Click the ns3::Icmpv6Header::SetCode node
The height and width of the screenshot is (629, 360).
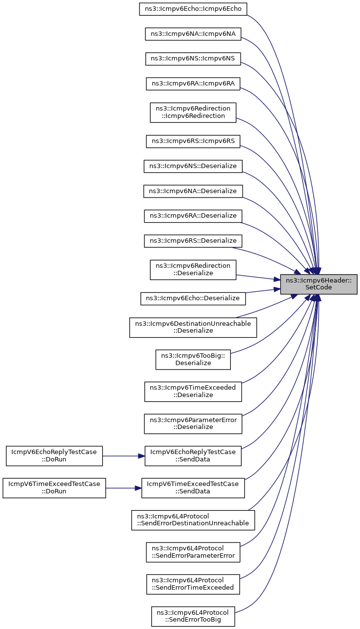coord(318,284)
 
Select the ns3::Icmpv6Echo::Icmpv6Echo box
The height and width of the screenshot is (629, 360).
coord(193,9)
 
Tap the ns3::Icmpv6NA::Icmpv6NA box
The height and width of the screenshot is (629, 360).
coord(193,34)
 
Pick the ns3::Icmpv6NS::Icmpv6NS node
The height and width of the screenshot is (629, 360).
coord(193,58)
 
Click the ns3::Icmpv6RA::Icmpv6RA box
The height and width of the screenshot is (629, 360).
coord(193,84)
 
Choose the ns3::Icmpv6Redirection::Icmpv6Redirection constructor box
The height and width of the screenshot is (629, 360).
coord(193,113)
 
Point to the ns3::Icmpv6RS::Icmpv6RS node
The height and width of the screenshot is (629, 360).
coord(193,141)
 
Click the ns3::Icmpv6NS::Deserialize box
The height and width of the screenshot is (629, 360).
coord(193,166)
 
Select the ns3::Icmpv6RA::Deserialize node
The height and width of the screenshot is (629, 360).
coord(193,216)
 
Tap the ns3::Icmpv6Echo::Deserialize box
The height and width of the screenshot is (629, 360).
coord(193,298)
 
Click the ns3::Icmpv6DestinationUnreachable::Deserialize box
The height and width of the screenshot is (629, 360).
coord(193,327)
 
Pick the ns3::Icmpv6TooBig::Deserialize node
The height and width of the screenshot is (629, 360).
coord(193,359)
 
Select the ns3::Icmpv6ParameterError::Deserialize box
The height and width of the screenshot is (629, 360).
coord(193,424)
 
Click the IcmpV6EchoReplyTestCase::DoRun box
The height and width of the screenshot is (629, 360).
coord(54,456)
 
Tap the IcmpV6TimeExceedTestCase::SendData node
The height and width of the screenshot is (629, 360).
coord(193,488)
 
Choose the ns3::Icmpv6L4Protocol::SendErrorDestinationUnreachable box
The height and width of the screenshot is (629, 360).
coord(193,520)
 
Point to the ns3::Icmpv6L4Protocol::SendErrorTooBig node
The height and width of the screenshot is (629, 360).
coord(193,616)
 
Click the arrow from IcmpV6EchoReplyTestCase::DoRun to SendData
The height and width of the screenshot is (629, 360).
coord(123,456)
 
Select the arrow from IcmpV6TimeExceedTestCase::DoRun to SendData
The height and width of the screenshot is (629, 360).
coord(123,488)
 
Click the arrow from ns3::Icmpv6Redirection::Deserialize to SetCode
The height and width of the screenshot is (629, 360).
coord(258,278)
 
